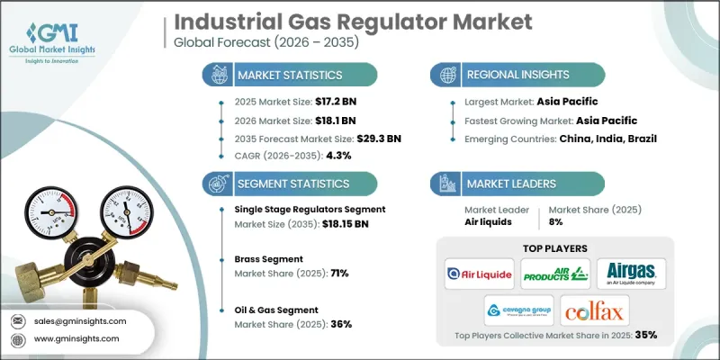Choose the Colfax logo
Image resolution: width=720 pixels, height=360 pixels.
pos(594,310)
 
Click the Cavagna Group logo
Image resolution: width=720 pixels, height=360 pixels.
pos(517,310)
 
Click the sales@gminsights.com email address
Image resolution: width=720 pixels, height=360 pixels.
pos(81,321)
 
